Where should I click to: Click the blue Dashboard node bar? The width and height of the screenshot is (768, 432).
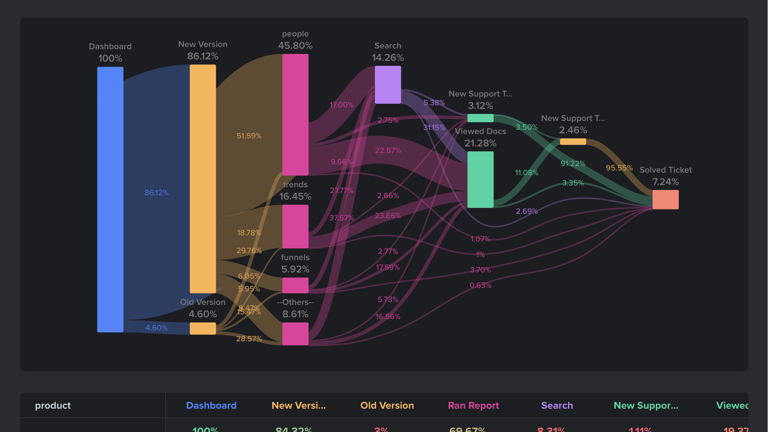click(x=110, y=199)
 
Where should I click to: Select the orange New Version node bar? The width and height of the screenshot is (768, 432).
click(x=203, y=178)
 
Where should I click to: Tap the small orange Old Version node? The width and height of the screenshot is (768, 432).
click(x=203, y=328)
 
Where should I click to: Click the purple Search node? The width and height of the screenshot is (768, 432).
click(x=388, y=85)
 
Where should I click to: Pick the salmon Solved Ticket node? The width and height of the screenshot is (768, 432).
click(x=665, y=199)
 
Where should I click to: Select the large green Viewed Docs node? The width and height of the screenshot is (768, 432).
click(x=480, y=179)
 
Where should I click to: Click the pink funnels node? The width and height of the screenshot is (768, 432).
click(x=295, y=285)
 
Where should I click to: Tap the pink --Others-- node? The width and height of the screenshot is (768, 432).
click(x=295, y=334)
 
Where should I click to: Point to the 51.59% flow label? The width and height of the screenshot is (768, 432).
click(x=249, y=136)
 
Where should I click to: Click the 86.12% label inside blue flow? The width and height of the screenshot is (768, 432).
click(x=157, y=193)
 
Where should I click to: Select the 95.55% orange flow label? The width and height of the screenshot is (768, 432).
click(x=619, y=168)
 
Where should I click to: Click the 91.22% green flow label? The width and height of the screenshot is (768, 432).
click(x=573, y=164)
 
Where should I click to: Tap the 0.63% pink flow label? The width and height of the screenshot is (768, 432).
click(x=480, y=285)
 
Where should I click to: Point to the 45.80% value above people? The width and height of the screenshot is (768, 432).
click(x=295, y=46)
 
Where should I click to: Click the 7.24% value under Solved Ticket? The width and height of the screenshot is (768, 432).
click(x=665, y=182)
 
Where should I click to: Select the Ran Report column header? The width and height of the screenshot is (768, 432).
click(x=473, y=405)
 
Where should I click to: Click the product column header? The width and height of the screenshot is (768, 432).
click(x=53, y=405)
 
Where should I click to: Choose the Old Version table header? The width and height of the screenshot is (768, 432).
click(x=387, y=405)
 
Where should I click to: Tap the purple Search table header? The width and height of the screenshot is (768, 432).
click(x=557, y=405)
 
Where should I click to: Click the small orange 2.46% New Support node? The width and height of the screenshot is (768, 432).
click(x=573, y=141)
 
